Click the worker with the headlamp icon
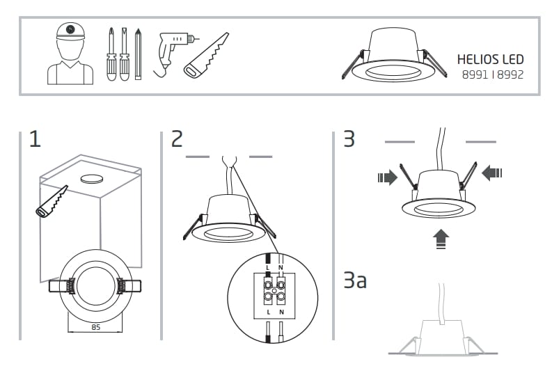[x=70, y=54]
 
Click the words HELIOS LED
[x=490, y=59]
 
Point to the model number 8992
[x=509, y=74]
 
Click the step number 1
[x=35, y=139]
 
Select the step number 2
[x=178, y=139]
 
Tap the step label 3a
[x=354, y=281]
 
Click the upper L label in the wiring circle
[x=267, y=267]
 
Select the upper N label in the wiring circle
[x=281, y=267]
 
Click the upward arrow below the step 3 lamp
[x=441, y=239]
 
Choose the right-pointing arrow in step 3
[x=386, y=177]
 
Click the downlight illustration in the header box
[x=393, y=56]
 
